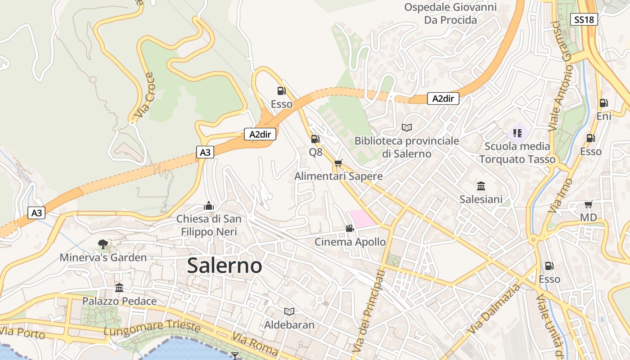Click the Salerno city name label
coord(224,265)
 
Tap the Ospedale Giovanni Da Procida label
coord(450,13)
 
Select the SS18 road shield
coord(585,19)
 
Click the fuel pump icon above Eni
coord(603,103)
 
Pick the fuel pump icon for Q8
coord(315,139)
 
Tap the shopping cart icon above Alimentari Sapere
coord(338,163)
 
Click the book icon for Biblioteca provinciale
coord(407,128)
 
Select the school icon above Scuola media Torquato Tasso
coord(517,133)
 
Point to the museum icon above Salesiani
coord(481,186)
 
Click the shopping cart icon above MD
coord(588,205)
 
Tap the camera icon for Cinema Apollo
coord(350,229)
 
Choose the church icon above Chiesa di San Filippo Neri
coord(208,206)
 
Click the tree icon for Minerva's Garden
coord(103,244)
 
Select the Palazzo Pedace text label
coord(119,301)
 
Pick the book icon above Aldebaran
coord(289,311)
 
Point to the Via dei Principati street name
coord(369,310)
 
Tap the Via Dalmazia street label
coord(494,309)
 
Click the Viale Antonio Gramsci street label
coord(560,76)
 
